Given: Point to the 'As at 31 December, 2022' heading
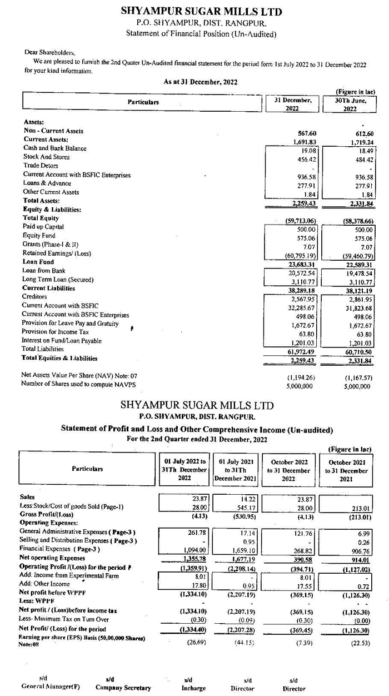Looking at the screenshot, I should click(x=201, y=82).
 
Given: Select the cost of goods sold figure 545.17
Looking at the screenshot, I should click(x=243, y=506).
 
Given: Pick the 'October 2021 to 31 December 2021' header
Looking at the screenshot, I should click(x=346, y=471).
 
